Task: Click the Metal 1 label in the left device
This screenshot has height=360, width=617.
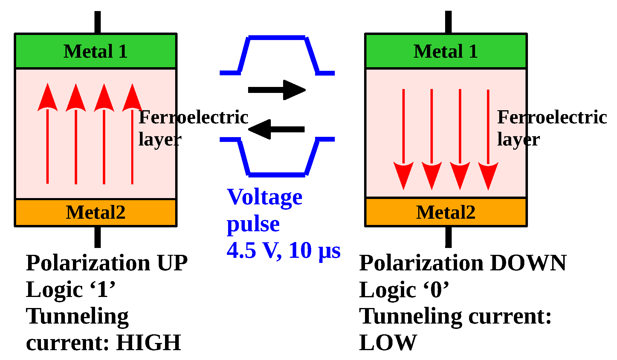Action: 95,51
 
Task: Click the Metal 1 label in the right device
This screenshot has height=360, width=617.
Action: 445,51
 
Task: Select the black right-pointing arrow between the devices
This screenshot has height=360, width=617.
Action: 277,90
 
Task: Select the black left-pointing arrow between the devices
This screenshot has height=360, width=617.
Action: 277,129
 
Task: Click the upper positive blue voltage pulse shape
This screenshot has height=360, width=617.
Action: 277,38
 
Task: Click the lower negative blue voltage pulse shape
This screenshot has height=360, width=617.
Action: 277,175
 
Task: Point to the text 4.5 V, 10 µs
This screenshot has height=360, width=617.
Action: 283,250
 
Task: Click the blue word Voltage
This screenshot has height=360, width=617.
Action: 265,197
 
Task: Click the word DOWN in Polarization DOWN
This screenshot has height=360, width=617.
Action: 528,263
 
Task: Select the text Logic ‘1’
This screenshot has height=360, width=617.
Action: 71,289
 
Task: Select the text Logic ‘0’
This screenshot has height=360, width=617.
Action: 404,289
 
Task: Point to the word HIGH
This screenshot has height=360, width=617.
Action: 149,343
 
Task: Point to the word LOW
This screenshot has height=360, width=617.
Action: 388,343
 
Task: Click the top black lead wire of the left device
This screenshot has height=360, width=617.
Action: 97,22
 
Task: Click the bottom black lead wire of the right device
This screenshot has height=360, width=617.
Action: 448,237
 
